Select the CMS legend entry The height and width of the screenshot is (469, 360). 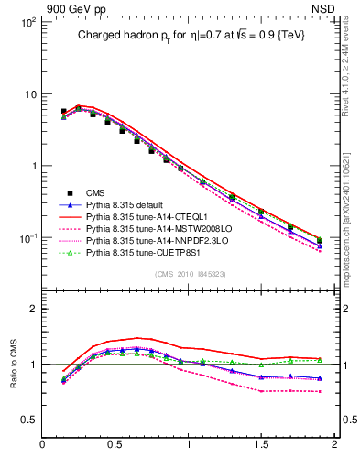(x=95, y=192)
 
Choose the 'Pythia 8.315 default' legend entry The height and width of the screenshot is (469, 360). (x=129, y=204)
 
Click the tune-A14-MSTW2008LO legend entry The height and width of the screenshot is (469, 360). (x=150, y=228)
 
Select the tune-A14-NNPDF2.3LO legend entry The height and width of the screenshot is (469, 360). (x=151, y=240)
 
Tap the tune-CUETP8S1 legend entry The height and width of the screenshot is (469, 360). (x=142, y=252)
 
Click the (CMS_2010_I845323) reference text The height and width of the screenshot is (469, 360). (x=190, y=273)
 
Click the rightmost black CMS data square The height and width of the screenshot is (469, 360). (x=320, y=240)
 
